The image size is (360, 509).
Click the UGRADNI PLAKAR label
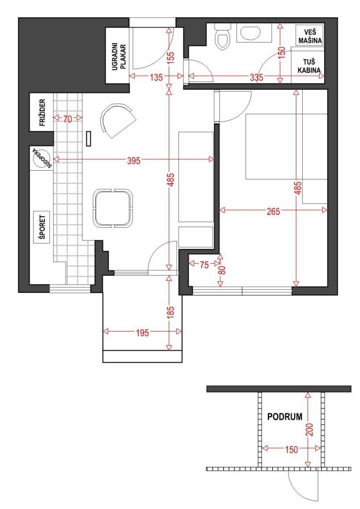pyautogui.click(x=118, y=57)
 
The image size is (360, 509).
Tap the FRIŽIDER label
pyautogui.click(x=42, y=112)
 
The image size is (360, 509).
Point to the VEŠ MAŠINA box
pyautogui.click(x=310, y=36)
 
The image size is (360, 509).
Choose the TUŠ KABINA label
pyautogui.click(x=309, y=66)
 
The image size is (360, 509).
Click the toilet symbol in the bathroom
pyautogui.click(x=223, y=37)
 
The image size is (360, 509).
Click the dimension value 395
pyautogui.click(x=133, y=160)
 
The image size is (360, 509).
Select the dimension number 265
pyautogui.click(x=273, y=211)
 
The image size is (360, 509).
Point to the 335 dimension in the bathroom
pyautogui.click(x=256, y=77)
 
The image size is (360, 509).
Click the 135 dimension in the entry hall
pyautogui.click(x=156, y=78)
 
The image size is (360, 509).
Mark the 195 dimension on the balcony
pyautogui.click(x=142, y=333)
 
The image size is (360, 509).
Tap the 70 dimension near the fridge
pyautogui.click(x=67, y=119)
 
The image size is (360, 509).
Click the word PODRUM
pyautogui.click(x=285, y=417)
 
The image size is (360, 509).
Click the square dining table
pyautogui.click(x=113, y=208)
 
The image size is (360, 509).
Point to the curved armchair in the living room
pyautogui.click(x=117, y=120)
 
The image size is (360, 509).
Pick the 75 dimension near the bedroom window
pyautogui.click(x=204, y=265)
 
